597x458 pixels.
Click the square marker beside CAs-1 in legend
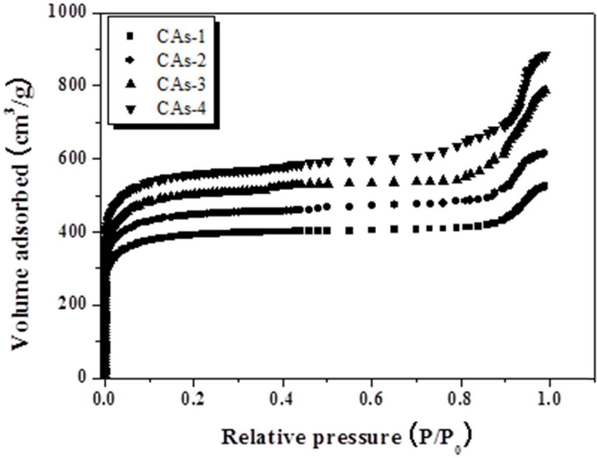(x=130, y=36)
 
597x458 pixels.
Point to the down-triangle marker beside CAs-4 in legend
(x=130, y=109)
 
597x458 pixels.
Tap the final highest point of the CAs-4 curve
(x=546, y=55)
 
